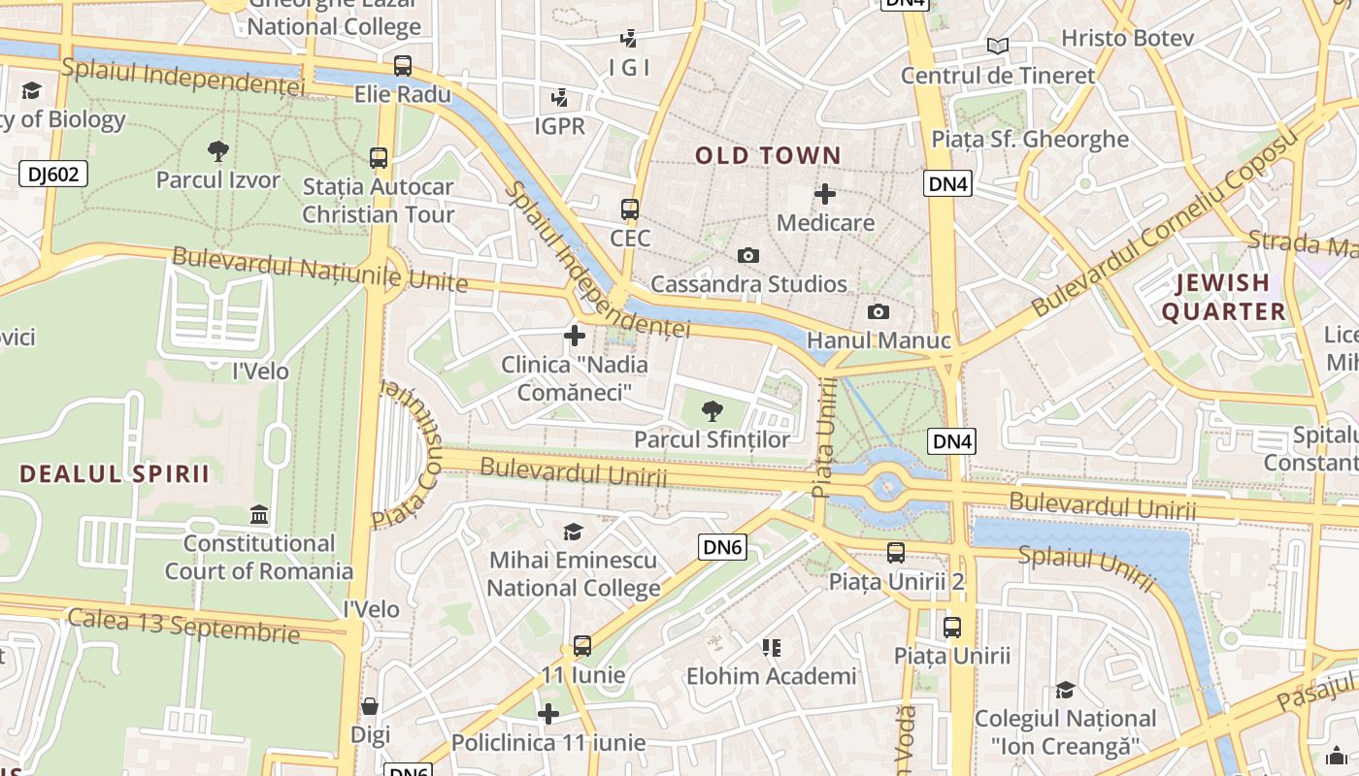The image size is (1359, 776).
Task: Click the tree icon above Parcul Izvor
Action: tap(218, 150)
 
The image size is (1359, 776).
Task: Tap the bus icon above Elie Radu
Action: tap(403, 66)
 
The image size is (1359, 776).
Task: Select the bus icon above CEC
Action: tap(630, 209)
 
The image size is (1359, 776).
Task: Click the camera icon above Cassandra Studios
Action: tap(748, 255)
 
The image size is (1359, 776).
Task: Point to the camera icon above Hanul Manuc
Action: tap(878, 311)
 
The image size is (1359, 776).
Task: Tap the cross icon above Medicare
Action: tap(825, 194)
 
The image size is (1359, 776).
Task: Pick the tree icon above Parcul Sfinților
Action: tap(713, 410)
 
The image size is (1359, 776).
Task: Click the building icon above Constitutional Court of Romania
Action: tap(259, 514)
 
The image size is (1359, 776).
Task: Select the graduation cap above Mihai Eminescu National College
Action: tap(574, 532)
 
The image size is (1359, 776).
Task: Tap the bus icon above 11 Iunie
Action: tap(582, 645)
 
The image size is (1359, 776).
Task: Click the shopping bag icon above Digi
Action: tap(370, 706)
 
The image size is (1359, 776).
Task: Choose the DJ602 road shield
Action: tap(53, 175)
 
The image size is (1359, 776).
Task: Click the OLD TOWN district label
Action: tap(768, 155)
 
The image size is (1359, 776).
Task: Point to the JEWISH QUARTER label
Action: tap(1223, 297)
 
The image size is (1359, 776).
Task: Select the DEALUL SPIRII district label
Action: tap(115, 474)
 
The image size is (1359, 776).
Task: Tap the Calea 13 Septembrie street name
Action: tap(183, 625)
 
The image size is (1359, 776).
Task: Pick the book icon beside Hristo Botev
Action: tap(998, 46)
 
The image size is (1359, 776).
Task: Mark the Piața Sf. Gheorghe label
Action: tap(1030, 139)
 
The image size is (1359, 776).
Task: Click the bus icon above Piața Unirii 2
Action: tap(896, 553)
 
